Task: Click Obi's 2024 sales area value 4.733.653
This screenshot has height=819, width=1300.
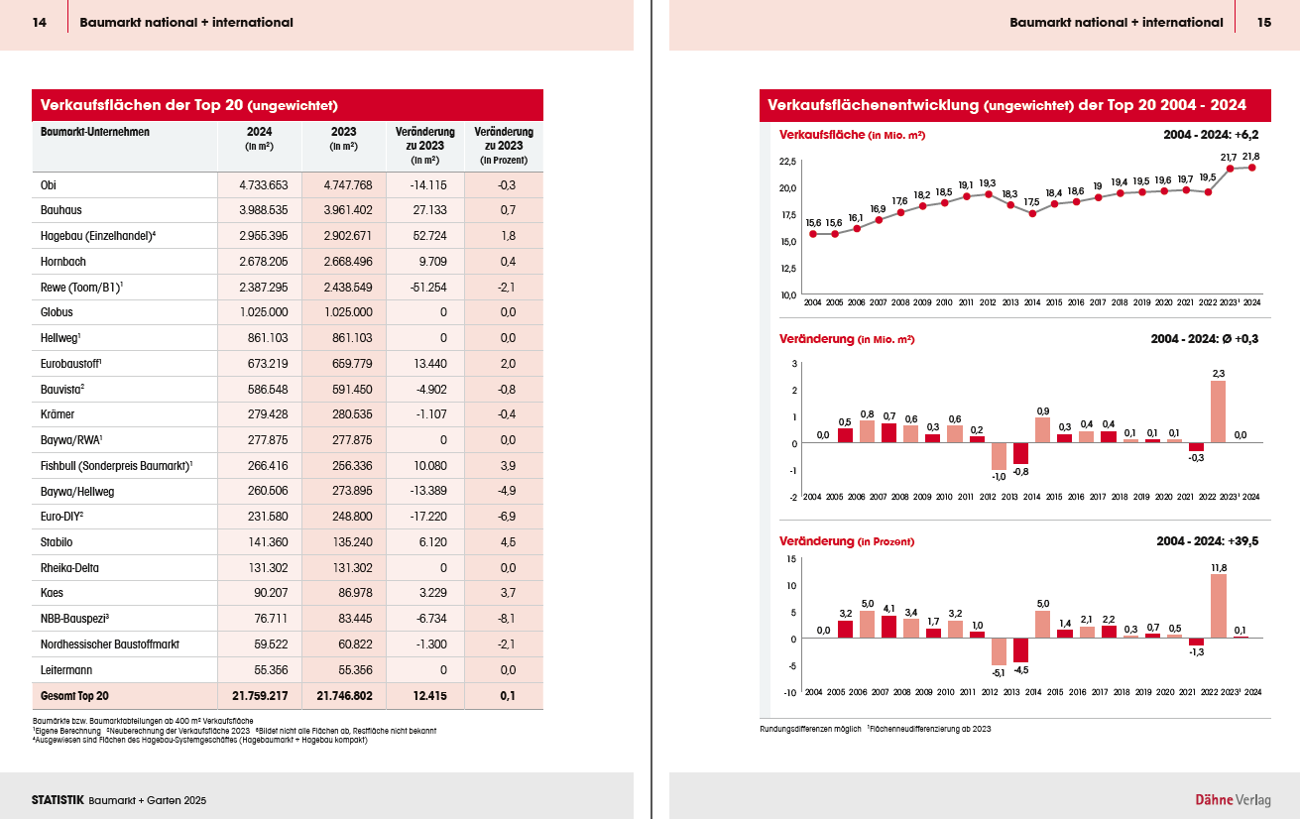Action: tap(264, 185)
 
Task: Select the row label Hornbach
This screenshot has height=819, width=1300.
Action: tap(63, 261)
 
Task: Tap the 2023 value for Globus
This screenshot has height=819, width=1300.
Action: tap(348, 312)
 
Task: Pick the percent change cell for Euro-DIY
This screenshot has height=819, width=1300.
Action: tap(507, 516)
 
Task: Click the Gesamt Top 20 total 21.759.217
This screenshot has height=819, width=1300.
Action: tap(260, 695)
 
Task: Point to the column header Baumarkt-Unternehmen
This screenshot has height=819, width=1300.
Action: tap(94, 132)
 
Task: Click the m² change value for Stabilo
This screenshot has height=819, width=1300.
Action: tap(432, 542)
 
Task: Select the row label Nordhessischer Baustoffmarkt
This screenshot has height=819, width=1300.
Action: tap(110, 644)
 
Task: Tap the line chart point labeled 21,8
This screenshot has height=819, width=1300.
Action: tap(1251, 168)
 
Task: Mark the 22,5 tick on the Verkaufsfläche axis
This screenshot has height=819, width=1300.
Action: tap(787, 162)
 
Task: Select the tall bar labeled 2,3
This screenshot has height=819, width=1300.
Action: tap(1218, 411)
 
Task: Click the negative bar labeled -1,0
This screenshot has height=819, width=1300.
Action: tap(999, 456)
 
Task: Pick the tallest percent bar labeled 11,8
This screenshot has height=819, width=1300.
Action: tap(1218, 606)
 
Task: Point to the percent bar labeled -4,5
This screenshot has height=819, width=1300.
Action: tap(1020, 650)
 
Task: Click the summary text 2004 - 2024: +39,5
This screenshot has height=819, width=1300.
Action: tap(1207, 541)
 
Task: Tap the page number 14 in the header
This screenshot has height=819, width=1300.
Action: tap(40, 22)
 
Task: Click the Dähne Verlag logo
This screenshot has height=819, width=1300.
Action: tap(1233, 800)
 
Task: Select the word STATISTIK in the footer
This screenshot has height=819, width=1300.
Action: tap(58, 800)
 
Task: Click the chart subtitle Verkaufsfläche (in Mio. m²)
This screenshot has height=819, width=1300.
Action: tap(852, 135)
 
